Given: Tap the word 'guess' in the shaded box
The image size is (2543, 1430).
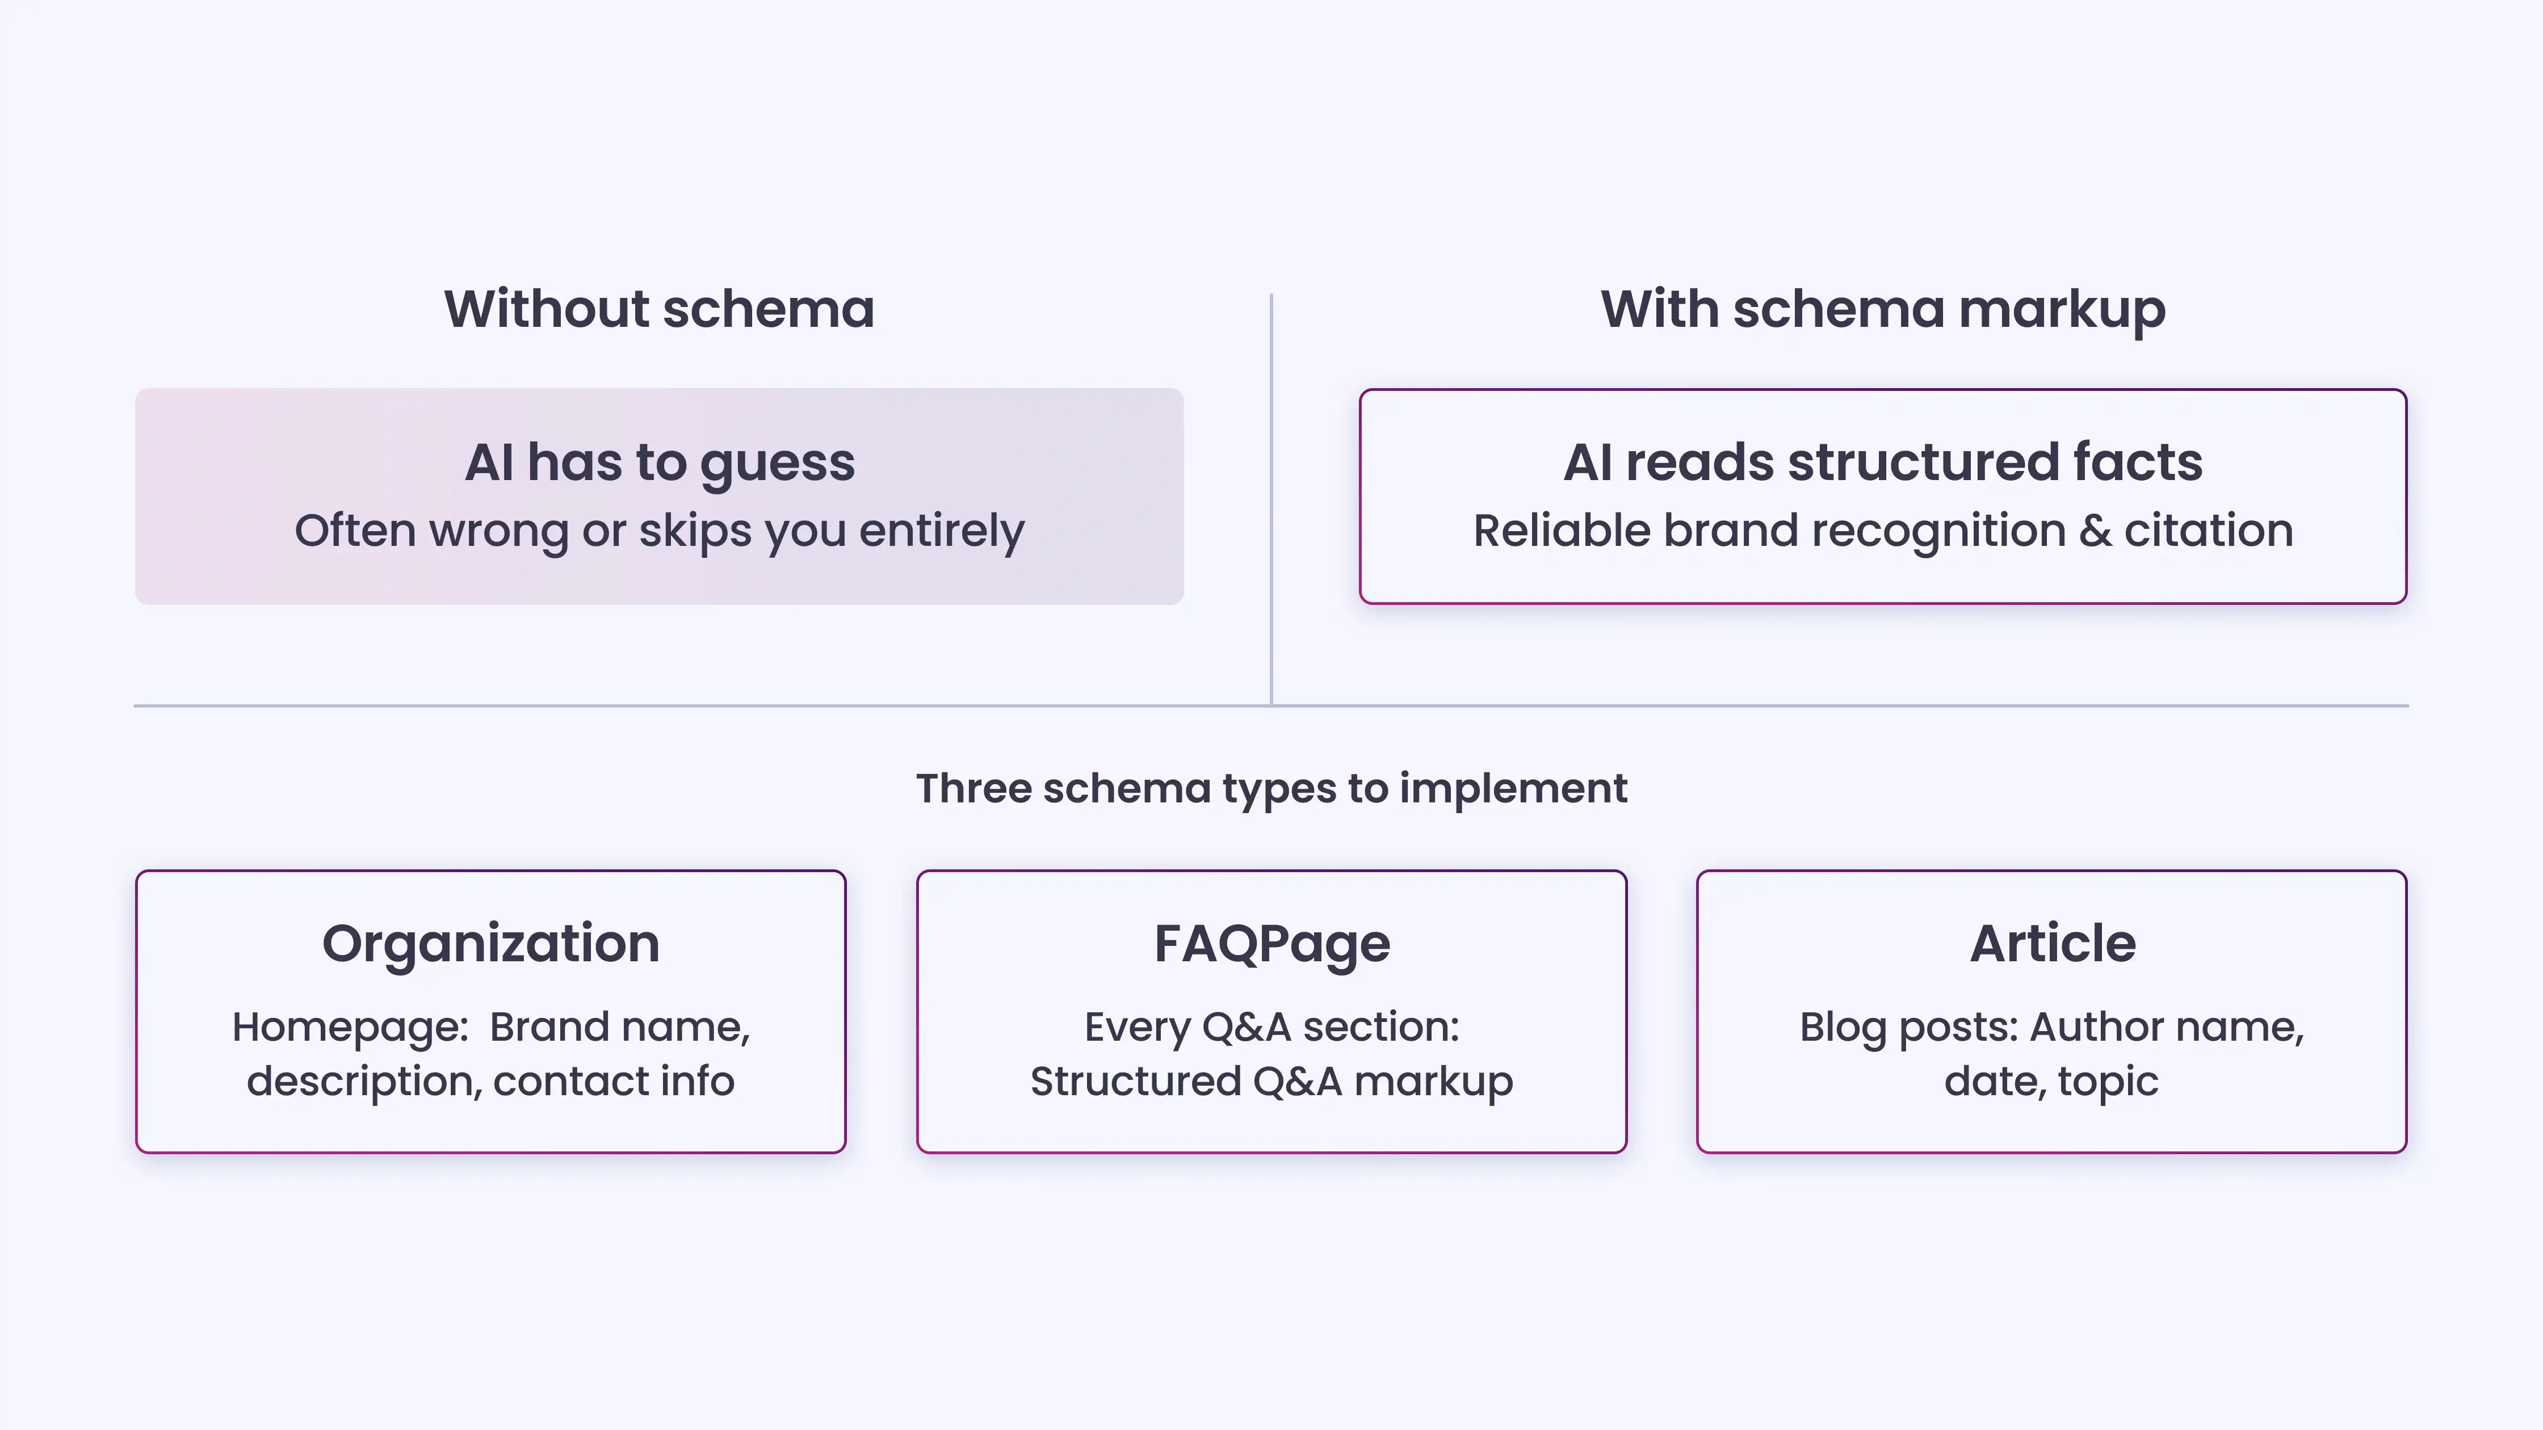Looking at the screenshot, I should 777,464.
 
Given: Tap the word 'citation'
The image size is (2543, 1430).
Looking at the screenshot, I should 2208,531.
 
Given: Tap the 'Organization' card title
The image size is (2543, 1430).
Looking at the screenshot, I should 490,944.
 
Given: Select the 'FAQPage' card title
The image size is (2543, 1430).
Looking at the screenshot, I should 1271,944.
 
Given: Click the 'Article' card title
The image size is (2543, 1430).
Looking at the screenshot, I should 2053,944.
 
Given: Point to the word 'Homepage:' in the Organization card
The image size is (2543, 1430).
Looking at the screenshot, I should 350,1027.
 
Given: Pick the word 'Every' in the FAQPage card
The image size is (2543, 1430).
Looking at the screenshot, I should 1137,1027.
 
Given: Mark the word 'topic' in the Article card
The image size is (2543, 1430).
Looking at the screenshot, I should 2109,1082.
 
